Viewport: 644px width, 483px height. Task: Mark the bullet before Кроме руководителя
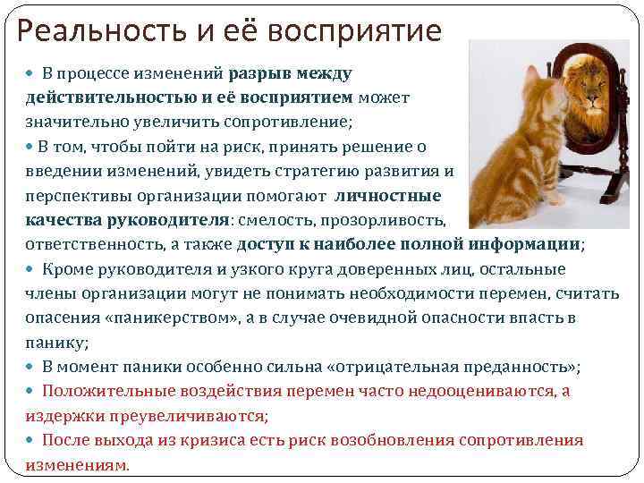(x=32, y=269)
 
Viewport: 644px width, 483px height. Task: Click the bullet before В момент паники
(x=32, y=367)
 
